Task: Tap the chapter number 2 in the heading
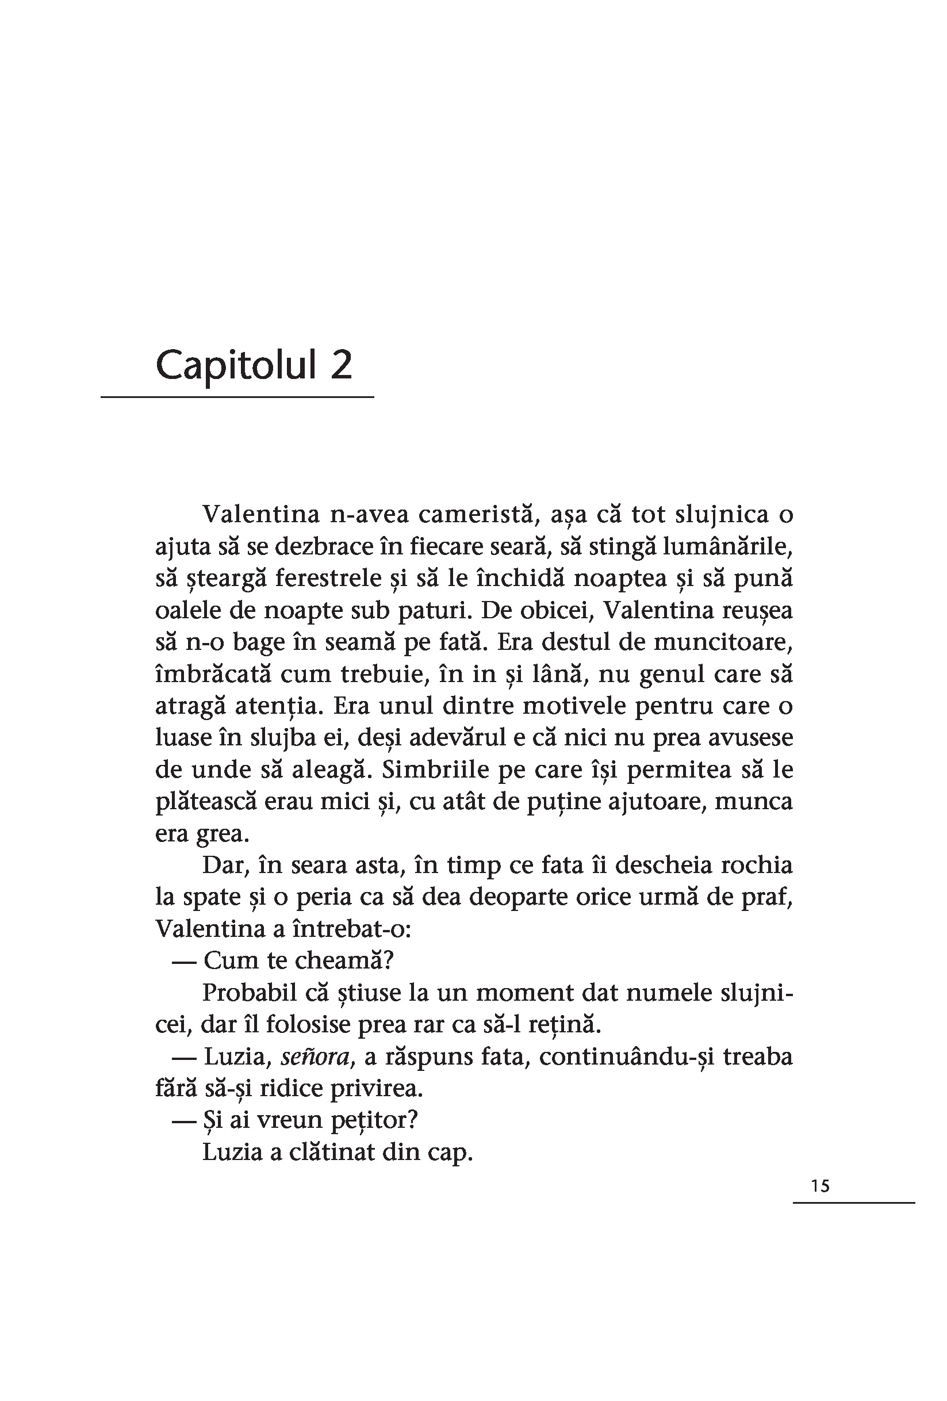341,365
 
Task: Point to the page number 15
821,1186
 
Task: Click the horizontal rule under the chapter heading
237,397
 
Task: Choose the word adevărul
449,738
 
